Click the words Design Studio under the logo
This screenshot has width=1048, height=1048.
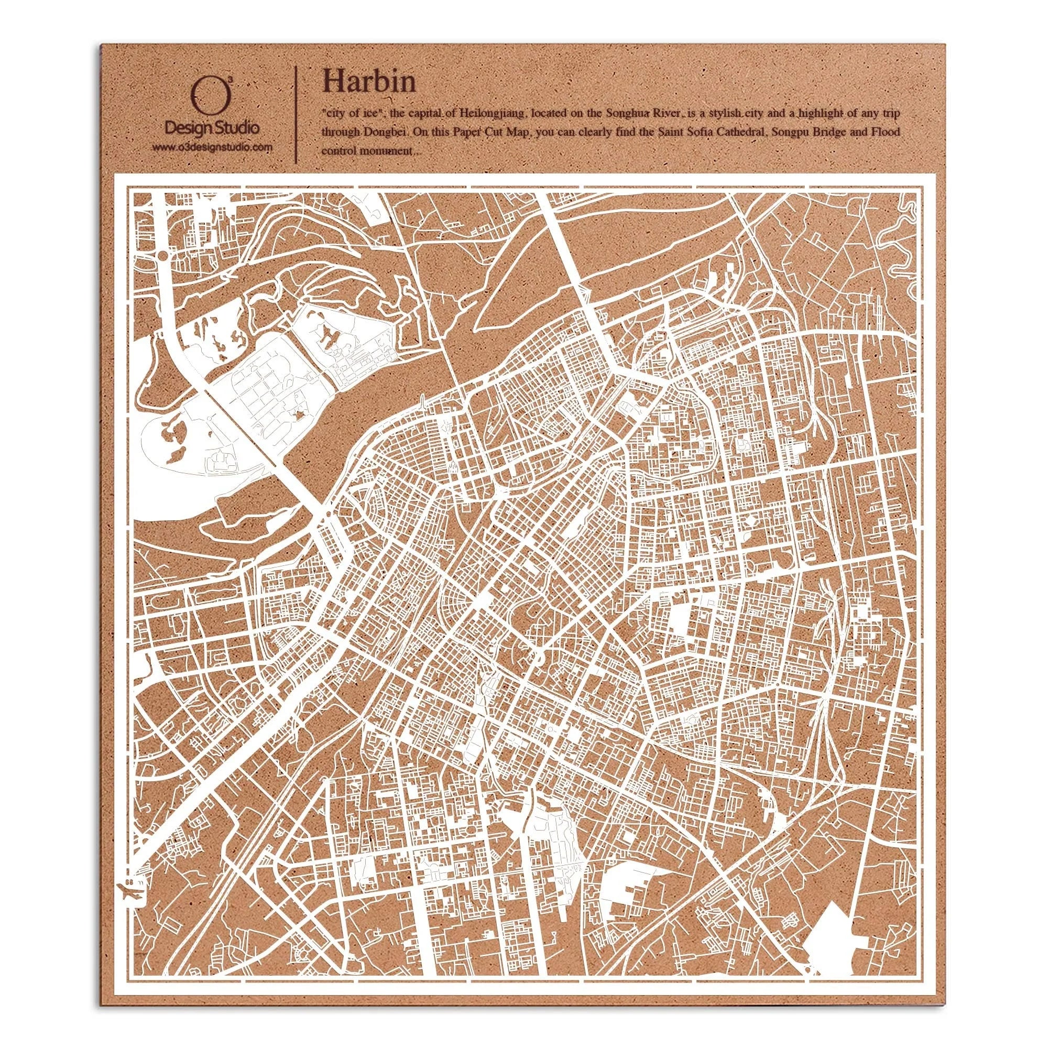(212, 129)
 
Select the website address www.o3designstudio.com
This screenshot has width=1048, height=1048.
(212, 147)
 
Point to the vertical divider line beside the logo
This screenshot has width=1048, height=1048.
(296, 114)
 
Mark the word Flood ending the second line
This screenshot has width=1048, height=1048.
(884, 132)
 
